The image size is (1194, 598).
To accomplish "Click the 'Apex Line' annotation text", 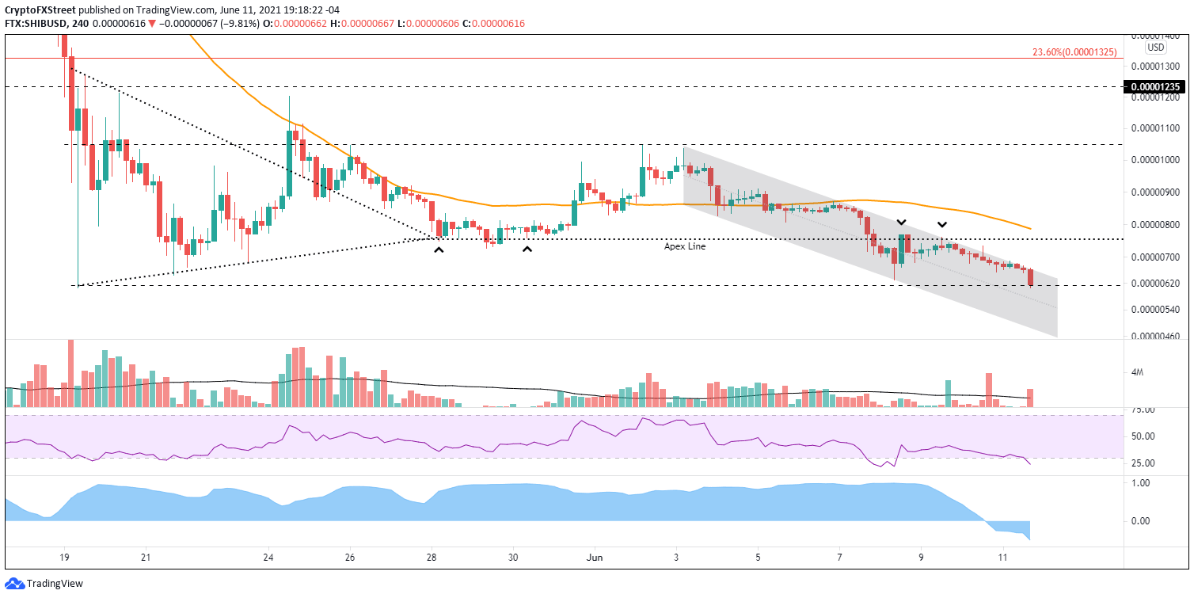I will pos(684,246).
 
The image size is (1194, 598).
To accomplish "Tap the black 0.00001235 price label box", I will pos(1156,87).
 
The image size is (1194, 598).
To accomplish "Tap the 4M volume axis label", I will pos(1137,372).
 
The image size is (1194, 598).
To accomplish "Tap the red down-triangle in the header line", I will pos(152,24).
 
